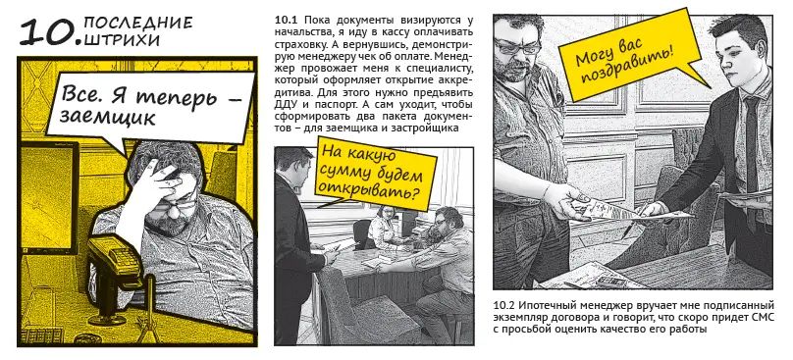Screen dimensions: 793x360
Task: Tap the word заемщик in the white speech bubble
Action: coord(106,117)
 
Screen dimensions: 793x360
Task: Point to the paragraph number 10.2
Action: coord(506,305)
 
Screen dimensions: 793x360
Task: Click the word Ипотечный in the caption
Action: coord(550,306)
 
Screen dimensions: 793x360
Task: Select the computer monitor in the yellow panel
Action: coord(49,198)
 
